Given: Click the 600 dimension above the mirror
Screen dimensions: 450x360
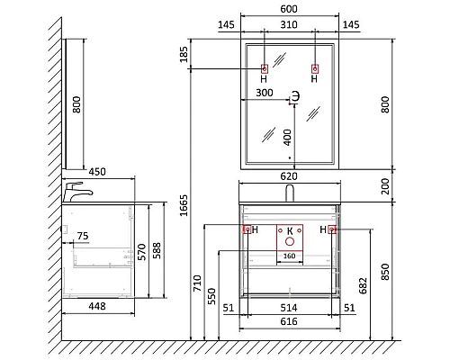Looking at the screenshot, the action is pyautogui.click(x=289, y=9).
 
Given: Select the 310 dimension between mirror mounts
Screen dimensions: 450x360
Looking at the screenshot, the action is pyautogui.click(x=289, y=24).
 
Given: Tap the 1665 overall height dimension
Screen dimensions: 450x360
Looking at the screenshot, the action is pyautogui.click(x=184, y=205).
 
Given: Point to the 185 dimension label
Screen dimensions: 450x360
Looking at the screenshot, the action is pyautogui.click(x=184, y=54).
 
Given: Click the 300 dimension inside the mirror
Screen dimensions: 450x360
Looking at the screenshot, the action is pyautogui.click(x=265, y=93).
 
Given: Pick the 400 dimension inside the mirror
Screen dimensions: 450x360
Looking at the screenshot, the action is pyautogui.click(x=287, y=138).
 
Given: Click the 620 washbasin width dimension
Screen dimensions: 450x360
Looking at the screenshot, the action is pyautogui.click(x=289, y=176).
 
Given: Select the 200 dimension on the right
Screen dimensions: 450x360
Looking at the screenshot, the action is pyautogui.click(x=385, y=186).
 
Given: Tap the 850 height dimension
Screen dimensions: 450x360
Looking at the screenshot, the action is pyautogui.click(x=385, y=272).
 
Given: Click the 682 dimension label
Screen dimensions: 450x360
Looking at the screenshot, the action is pyautogui.click(x=363, y=285).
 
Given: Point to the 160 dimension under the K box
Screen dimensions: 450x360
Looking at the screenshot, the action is pyautogui.click(x=289, y=256).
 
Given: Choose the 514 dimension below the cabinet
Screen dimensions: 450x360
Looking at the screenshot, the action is pyautogui.click(x=289, y=308).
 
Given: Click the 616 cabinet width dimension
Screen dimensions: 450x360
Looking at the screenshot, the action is pyautogui.click(x=289, y=321).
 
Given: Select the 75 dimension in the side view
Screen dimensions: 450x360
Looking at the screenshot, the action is pyautogui.click(x=83, y=236).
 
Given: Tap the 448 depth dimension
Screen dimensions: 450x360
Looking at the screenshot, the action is pyautogui.click(x=97, y=306).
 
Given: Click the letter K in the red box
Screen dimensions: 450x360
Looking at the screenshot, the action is pyautogui.click(x=290, y=231).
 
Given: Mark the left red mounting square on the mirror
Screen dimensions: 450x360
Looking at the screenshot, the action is pyautogui.click(x=265, y=69).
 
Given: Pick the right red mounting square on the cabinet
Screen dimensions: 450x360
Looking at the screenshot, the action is pyautogui.click(x=332, y=229).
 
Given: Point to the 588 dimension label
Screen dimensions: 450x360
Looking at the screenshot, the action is pyautogui.click(x=157, y=251).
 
